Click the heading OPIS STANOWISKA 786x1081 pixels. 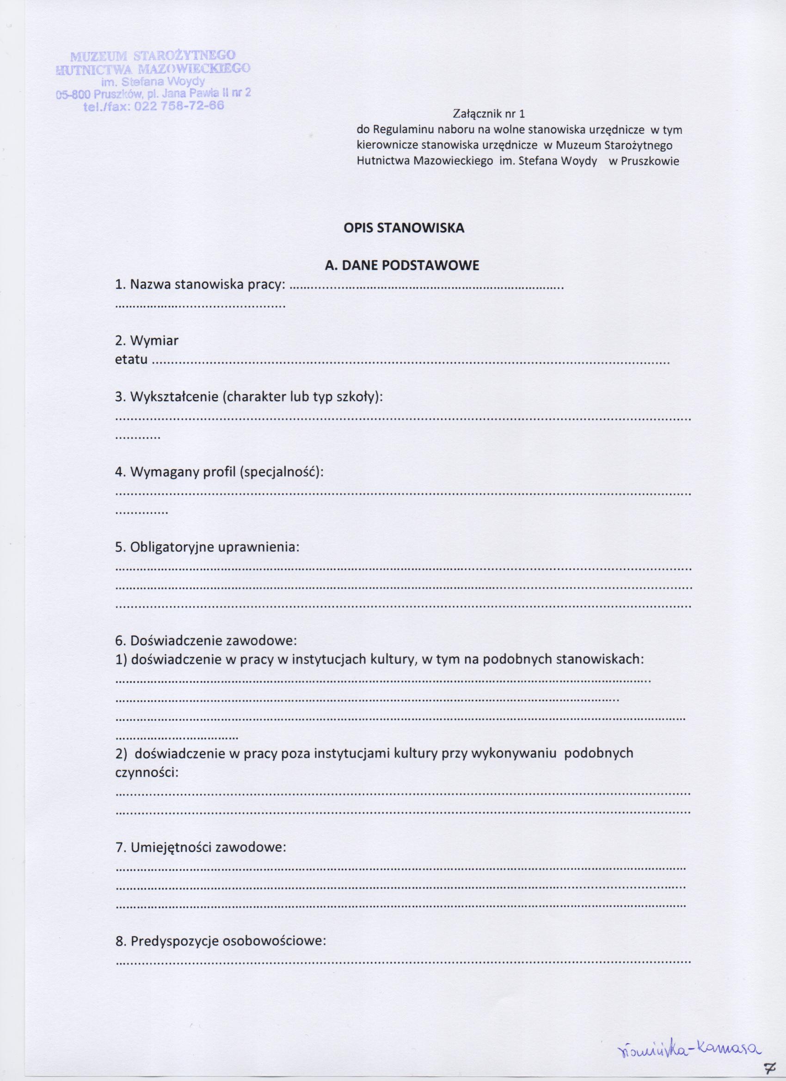pyautogui.click(x=404, y=228)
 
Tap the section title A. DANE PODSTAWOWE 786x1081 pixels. pyautogui.click(x=402, y=266)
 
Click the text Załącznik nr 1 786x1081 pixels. pyautogui.click(x=487, y=114)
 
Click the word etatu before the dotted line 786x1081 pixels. pyautogui.click(x=131, y=359)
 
